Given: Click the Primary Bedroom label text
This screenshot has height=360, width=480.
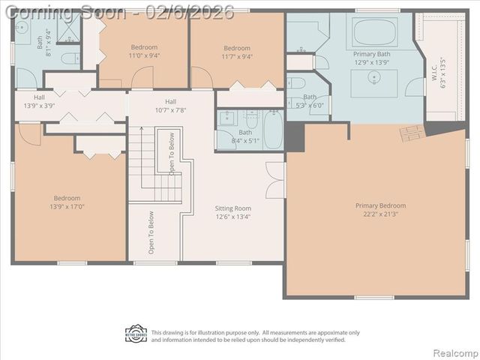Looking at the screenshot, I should click(x=380, y=205).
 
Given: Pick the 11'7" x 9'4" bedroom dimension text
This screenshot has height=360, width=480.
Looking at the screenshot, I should click(x=236, y=56).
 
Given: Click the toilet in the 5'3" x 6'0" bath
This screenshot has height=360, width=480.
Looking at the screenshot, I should click(x=296, y=83).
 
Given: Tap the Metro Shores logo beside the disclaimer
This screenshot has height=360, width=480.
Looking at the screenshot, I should click(x=136, y=334).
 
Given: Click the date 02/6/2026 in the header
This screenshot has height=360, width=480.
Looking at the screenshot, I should click(x=195, y=12).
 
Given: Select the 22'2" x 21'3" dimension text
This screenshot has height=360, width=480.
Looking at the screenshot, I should click(x=380, y=214).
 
